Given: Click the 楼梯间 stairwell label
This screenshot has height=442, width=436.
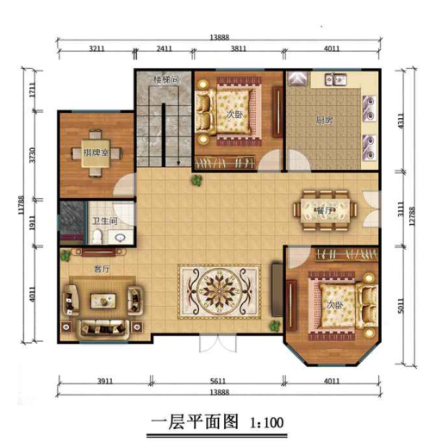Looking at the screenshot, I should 165,80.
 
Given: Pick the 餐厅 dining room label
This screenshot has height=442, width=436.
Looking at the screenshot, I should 324,210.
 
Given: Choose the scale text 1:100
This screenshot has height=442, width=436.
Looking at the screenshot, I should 266,423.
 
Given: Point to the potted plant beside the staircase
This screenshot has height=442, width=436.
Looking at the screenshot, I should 197,180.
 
